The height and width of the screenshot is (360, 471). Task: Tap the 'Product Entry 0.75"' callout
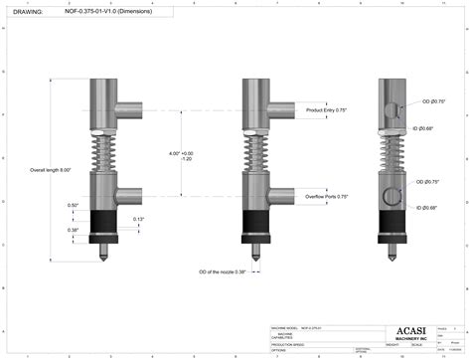click(327, 109)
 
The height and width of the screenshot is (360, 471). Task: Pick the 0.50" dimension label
click(74, 206)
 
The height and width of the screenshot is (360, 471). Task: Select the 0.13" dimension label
click(138, 219)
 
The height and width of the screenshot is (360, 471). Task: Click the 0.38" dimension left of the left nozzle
click(74, 230)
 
